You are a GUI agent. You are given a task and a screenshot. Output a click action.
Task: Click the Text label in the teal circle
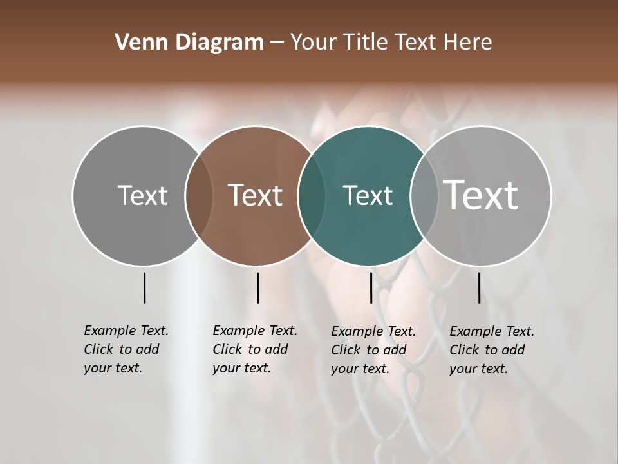pyautogui.click(x=368, y=195)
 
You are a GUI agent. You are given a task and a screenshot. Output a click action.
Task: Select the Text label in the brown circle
pyautogui.click(x=255, y=195)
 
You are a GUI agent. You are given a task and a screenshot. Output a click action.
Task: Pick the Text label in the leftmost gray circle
pyautogui.click(x=142, y=195)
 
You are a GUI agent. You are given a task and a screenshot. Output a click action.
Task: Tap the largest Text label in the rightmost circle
pyautogui.click(x=481, y=195)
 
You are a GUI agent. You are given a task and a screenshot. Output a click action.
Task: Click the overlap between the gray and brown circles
pyautogui.click(x=199, y=196)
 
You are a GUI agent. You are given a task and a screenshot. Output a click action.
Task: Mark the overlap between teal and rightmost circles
pyautogui.click(x=424, y=196)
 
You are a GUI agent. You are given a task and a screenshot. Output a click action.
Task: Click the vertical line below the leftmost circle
pyautogui.click(x=144, y=287)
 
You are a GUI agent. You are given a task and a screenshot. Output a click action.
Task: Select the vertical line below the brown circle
pyautogui.click(x=257, y=287)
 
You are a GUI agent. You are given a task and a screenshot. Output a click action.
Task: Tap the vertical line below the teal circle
pyautogui.click(x=371, y=287)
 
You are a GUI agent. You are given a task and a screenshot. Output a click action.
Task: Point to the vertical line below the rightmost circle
pyautogui.click(x=479, y=287)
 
